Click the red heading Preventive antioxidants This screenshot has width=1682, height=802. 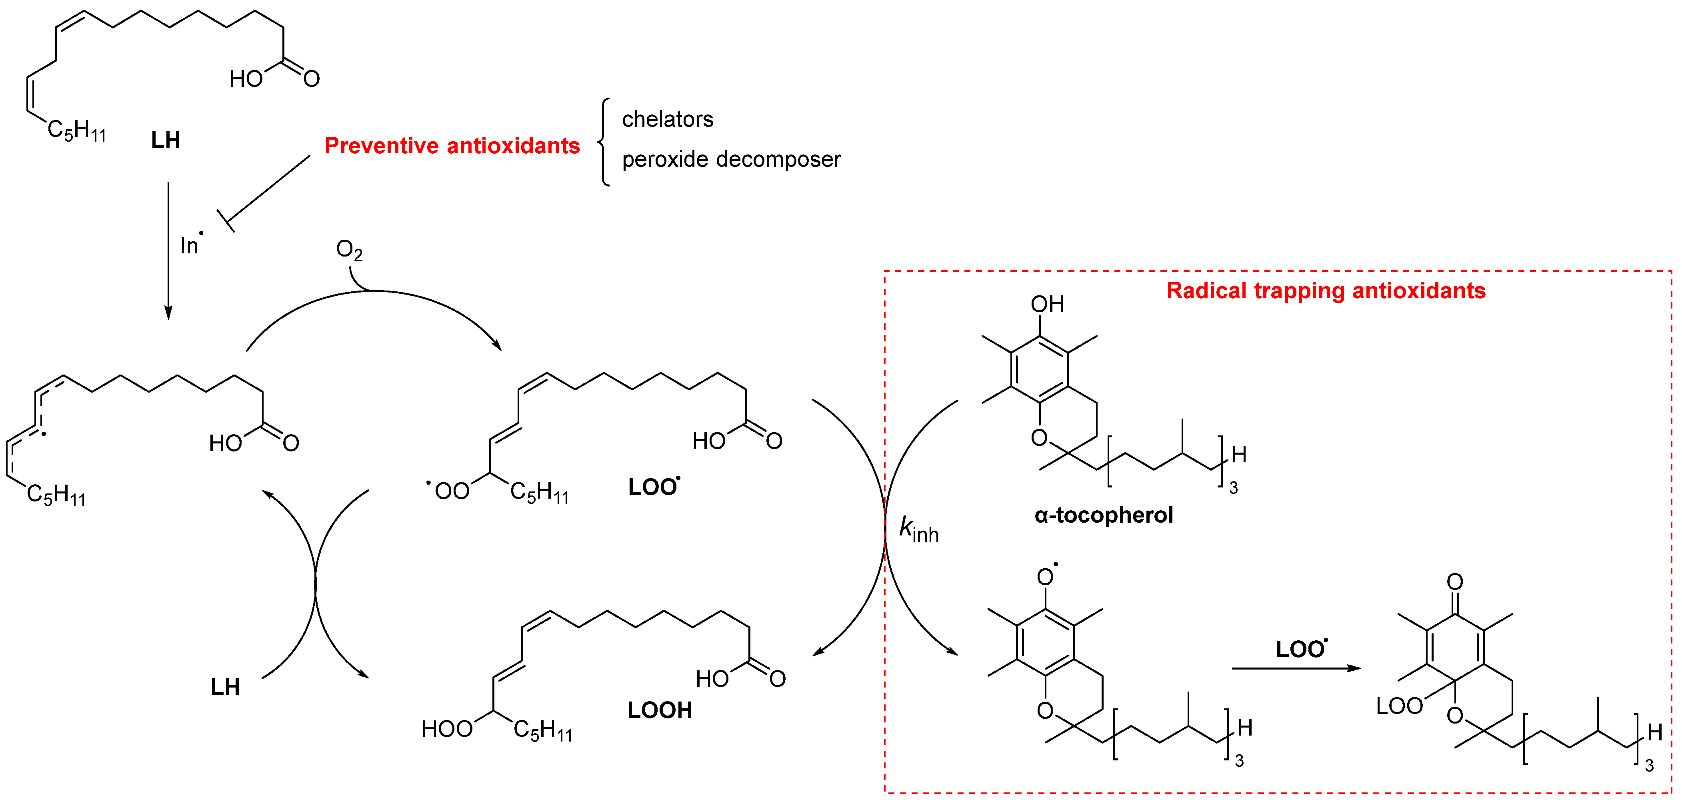(x=452, y=146)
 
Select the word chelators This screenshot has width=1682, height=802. (x=667, y=120)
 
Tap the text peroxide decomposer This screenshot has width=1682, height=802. (x=731, y=159)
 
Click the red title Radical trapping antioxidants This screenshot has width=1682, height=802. (x=1326, y=291)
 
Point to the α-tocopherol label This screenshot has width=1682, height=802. (x=1104, y=515)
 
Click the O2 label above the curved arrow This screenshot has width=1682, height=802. (x=349, y=249)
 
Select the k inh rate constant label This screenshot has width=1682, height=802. (x=918, y=529)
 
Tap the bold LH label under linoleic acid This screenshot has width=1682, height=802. (x=165, y=140)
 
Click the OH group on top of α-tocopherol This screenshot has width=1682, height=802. (x=1047, y=304)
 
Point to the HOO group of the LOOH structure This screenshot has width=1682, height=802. (x=447, y=729)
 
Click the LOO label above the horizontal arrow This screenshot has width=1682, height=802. (x=1301, y=649)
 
